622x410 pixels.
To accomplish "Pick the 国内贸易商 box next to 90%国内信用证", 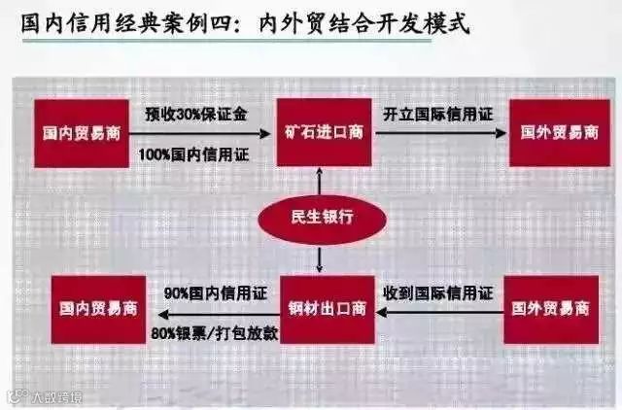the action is point(95,311).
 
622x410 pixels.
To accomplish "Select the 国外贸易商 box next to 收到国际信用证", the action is point(551,311).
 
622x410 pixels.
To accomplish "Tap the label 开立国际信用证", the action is point(432,114).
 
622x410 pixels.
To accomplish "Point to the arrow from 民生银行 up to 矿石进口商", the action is point(318,180).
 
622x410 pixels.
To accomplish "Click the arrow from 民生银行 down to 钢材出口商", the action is point(318,257).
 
